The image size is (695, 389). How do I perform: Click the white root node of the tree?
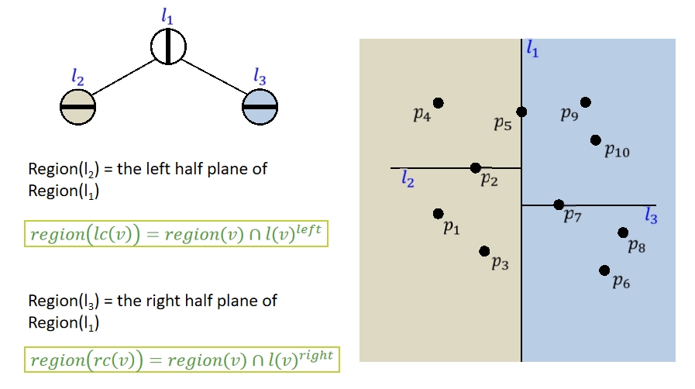[x=168, y=46]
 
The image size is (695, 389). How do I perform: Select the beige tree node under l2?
[x=77, y=106]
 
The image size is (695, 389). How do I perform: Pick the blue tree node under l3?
[x=260, y=106]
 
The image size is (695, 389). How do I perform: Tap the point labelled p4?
[x=439, y=103]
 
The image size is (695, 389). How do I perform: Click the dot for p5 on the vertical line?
[x=521, y=112]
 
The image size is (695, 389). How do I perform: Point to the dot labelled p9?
[x=585, y=102]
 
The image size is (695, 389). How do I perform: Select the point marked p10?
[x=595, y=140]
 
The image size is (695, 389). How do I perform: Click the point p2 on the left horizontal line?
[x=476, y=167]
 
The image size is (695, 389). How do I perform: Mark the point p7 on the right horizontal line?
[x=559, y=205]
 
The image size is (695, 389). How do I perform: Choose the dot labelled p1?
[x=439, y=213]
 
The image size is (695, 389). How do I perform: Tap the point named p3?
[x=484, y=251]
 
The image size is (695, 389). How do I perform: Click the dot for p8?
[x=623, y=232]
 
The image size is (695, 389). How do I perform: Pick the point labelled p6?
[x=604, y=270]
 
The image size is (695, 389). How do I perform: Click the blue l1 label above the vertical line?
[x=532, y=49]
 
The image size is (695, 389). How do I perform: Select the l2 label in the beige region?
[x=408, y=180]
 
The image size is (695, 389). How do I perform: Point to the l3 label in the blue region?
[x=651, y=216]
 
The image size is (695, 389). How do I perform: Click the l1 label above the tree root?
[x=168, y=15]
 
